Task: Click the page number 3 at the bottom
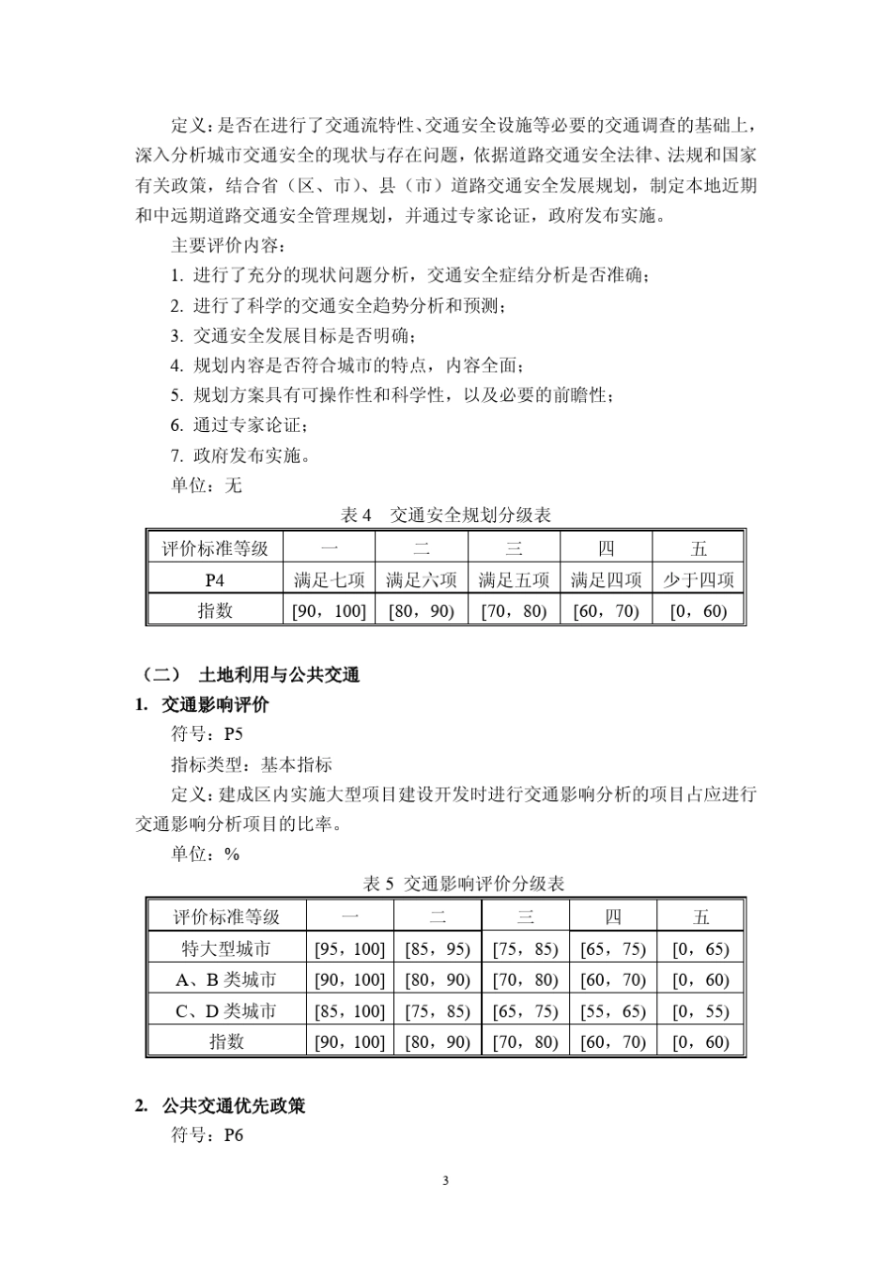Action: [x=445, y=1180]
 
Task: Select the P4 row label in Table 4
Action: [x=214, y=579]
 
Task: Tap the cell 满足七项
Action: [x=329, y=579]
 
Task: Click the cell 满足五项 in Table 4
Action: [x=514, y=579]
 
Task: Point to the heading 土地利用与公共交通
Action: [x=279, y=674]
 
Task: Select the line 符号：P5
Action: [x=207, y=734]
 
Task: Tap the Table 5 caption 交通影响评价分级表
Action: [x=464, y=884]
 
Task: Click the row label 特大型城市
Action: [x=226, y=948]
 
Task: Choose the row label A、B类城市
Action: [x=226, y=979]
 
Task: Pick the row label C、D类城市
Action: [x=226, y=1010]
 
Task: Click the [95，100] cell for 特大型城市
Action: [x=349, y=948]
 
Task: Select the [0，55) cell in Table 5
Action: [x=700, y=1010]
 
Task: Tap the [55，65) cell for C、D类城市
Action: [x=613, y=1010]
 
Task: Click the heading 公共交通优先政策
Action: [x=233, y=1105]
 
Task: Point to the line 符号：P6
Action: [x=207, y=1135]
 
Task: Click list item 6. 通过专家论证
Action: [x=238, y=425]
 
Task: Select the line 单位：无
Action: [x=206, y=485]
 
